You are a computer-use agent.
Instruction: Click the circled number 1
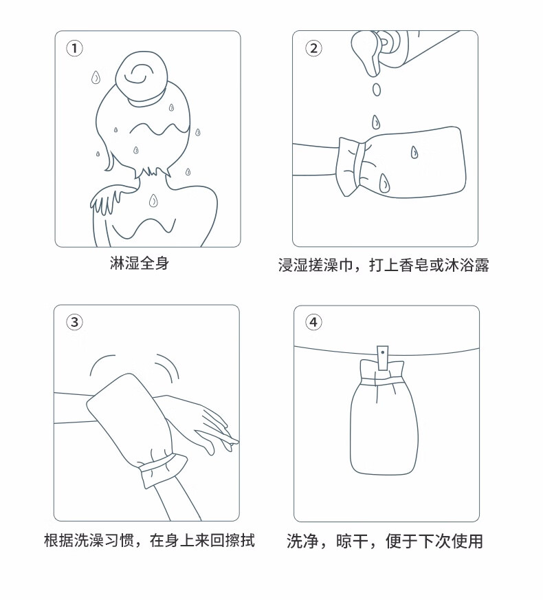(x=74, y=48)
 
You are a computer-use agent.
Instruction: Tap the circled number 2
(x=313, y=48)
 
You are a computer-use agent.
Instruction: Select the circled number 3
(x=74, y=322)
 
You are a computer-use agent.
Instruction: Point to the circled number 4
(x=313, y=322)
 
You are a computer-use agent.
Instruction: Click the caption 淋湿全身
(x=140, y=264)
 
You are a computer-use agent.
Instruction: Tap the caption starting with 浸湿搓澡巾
(x=384, y=265)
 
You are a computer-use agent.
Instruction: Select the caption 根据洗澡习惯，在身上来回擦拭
(x=149, y=540)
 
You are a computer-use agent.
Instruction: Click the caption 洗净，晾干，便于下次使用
(x=385, y=541)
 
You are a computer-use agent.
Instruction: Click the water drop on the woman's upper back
(x=153, y=200)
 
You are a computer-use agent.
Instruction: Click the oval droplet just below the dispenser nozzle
(x=377, y=89)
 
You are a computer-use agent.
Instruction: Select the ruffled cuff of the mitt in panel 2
(x=349, y=167)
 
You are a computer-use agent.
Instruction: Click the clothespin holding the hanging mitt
(x=383, y=358)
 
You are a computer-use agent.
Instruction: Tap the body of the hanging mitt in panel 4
(x=384, y=429)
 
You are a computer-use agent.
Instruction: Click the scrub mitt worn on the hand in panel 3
(x=130, y=421)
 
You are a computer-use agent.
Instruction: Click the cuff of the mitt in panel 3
(x=162, y=470)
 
